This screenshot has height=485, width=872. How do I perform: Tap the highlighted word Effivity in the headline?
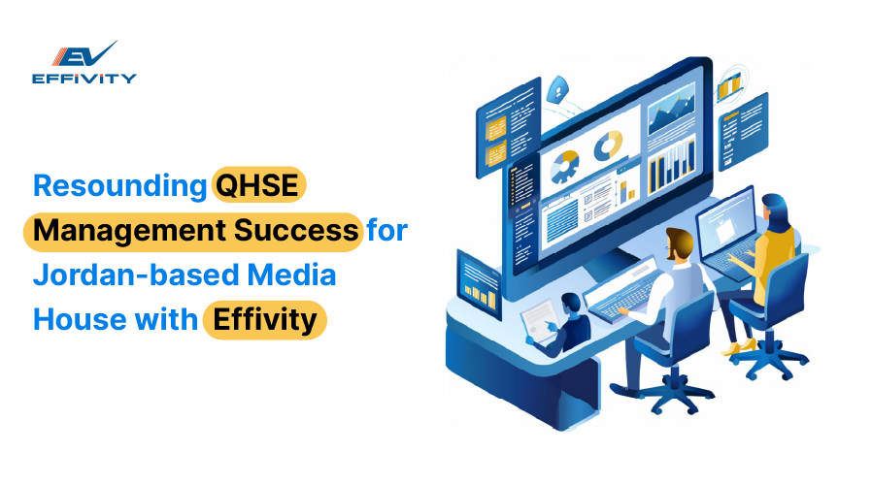[265, 320]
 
